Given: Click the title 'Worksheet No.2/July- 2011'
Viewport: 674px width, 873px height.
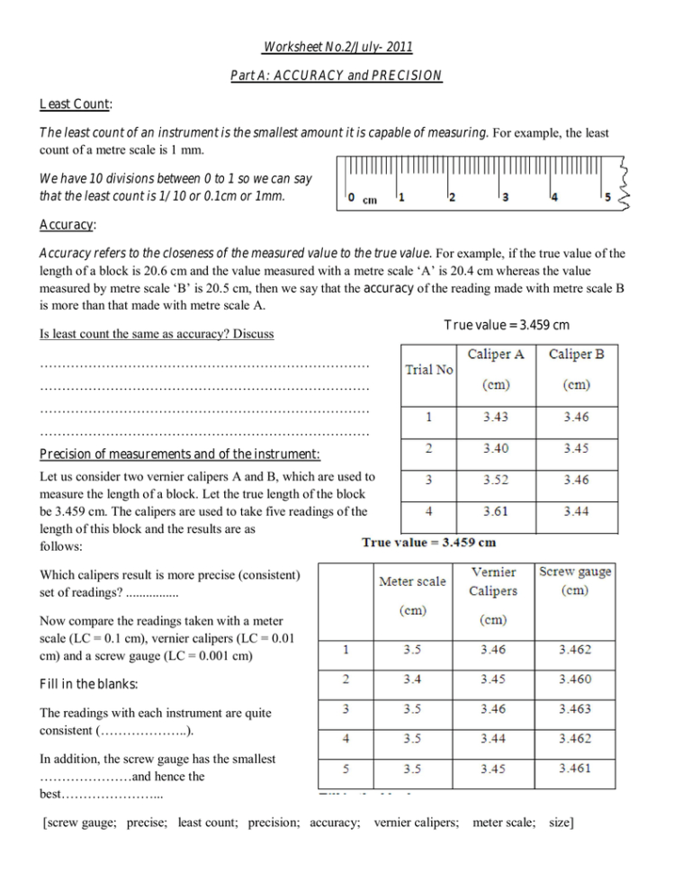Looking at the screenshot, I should click(x=337, y=47).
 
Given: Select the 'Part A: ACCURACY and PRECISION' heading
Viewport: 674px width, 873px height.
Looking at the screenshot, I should click(x=337, y=76).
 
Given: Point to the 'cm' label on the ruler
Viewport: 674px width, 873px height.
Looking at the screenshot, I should click(x=369, y=200).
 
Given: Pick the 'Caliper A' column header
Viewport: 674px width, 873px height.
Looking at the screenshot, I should click(x=496, y=355).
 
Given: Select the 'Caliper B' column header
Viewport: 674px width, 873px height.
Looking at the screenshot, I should click(x=577, y=355).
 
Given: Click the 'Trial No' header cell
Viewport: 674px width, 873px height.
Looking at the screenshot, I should click(x=428, y=369).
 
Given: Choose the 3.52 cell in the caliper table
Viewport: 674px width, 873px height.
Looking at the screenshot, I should click(x=496, y=480).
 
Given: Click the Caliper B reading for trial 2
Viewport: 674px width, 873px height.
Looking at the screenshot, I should click(x=577, y=448).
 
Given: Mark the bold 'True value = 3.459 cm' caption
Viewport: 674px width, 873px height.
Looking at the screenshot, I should click(x=428, y=542).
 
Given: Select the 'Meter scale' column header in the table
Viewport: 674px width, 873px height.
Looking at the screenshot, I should click(x=412, y=581).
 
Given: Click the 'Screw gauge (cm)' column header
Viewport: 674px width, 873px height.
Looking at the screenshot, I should click(x=574, y=580).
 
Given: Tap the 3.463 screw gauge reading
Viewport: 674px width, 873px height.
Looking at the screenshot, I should click(x=575, y=708).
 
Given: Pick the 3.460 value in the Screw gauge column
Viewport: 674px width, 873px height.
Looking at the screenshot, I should click(x=575, y=678).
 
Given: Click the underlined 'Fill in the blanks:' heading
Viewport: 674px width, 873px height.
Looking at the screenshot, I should click(x=86, y=683).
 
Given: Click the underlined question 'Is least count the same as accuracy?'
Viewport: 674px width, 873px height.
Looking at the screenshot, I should click(x=157, y=334).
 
